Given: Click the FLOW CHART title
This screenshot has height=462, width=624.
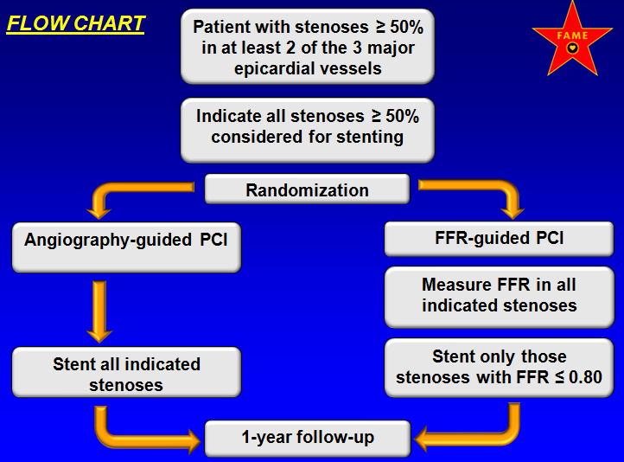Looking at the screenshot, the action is [75, 24].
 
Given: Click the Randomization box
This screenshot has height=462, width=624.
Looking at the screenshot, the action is [307, 189].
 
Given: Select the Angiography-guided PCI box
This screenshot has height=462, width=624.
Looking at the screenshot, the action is [126, 247].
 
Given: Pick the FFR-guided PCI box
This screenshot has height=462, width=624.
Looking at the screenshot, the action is [499, 239].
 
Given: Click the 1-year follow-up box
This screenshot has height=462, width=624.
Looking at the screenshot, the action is [308, 438].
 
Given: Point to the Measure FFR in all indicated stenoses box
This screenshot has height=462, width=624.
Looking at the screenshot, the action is [500, 297].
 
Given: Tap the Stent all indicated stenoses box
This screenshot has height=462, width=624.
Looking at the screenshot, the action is [126, 372].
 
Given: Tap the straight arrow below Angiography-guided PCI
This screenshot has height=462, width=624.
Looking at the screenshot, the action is [99, 311].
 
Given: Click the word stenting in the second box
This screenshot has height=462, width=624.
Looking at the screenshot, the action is [370, 138].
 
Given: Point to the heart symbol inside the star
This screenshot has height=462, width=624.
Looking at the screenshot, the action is [572, 48].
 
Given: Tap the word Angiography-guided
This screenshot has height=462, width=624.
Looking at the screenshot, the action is [108, 241].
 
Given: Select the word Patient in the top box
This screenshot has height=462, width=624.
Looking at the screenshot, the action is [221, 27].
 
